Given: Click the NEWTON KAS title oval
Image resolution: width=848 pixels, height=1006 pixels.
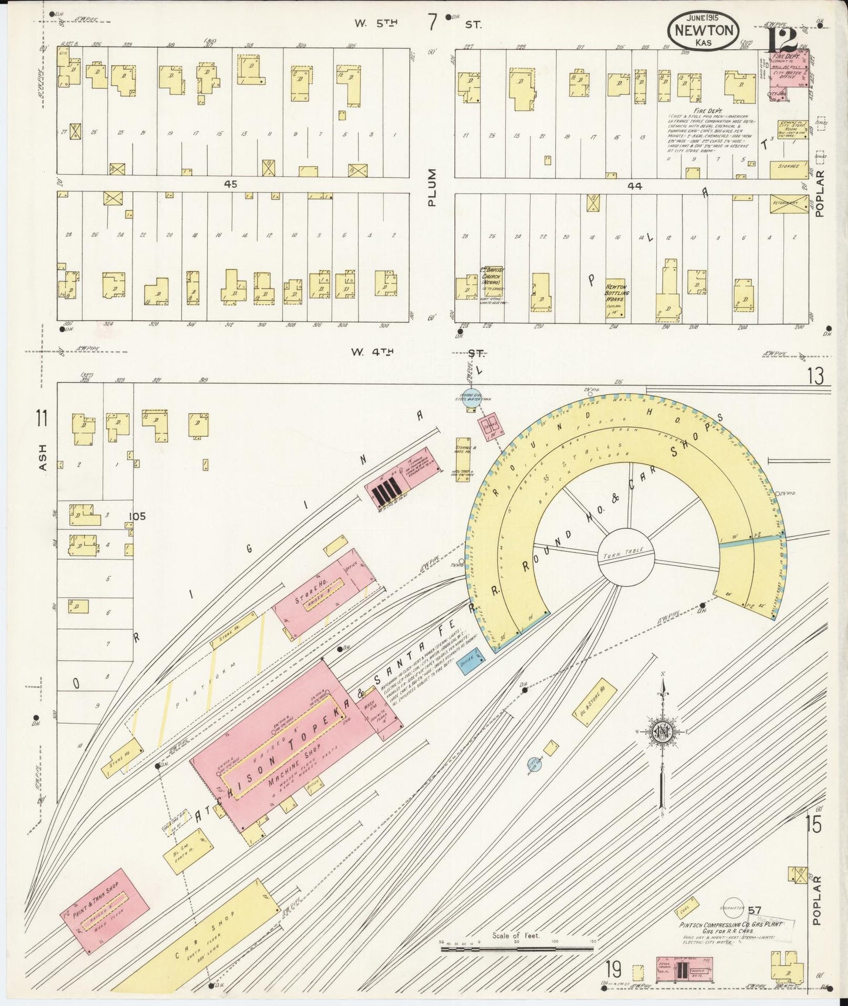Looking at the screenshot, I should pos(702,30).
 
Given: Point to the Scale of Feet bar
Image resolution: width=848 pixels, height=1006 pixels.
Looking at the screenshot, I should pos(517,947).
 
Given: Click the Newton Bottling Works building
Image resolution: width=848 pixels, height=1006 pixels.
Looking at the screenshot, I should pos(616,298).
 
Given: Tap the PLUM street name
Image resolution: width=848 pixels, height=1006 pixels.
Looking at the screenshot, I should pos(433,187).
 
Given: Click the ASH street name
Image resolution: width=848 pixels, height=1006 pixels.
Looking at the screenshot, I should pos(43,457).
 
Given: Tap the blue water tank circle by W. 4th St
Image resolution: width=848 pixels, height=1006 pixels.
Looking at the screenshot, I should pos(469,398).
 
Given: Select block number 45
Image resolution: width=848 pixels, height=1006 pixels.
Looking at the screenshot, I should pos(230,184).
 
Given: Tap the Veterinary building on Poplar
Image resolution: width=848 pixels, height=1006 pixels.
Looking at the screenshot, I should pos(789,204).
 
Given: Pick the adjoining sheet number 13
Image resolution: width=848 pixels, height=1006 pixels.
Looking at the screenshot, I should pos(815,376).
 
